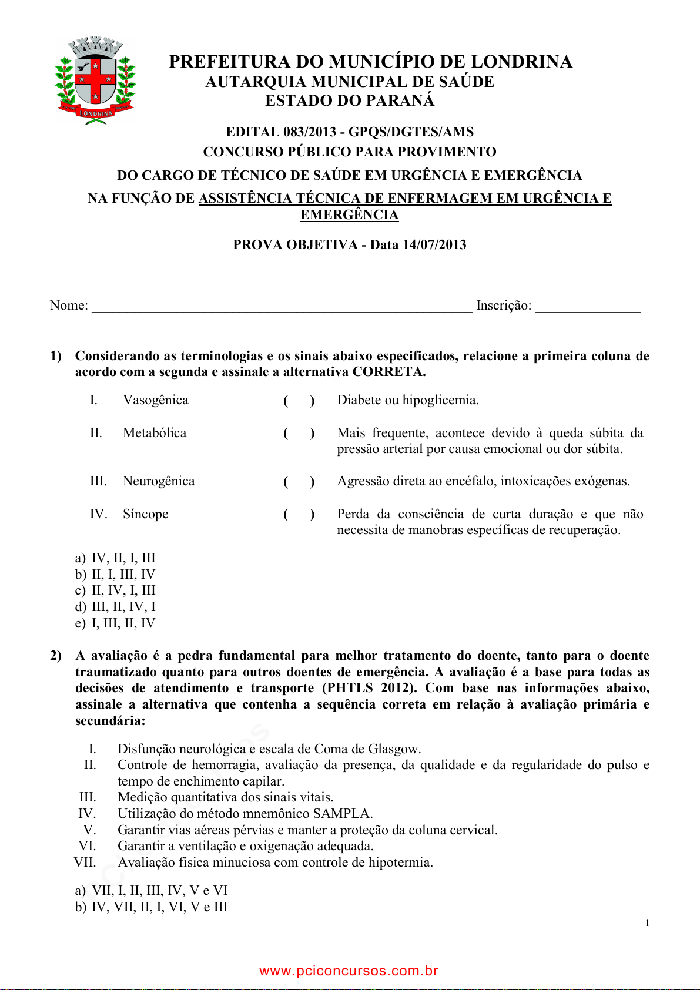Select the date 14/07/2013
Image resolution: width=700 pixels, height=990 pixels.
434,245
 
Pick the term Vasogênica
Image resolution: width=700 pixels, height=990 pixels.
156,400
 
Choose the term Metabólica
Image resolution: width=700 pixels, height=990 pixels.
155,433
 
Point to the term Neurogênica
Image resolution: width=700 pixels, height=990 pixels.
159,481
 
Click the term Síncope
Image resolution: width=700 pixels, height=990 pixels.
146,514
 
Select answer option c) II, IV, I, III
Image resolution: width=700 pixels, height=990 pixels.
116,590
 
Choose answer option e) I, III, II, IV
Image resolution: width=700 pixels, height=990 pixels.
116,623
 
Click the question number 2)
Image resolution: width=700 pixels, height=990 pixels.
56,656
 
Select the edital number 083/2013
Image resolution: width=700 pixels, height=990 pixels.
309,132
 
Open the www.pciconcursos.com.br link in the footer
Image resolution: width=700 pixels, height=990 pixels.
349,971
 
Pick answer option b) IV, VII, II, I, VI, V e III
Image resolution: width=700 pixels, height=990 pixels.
152,907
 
